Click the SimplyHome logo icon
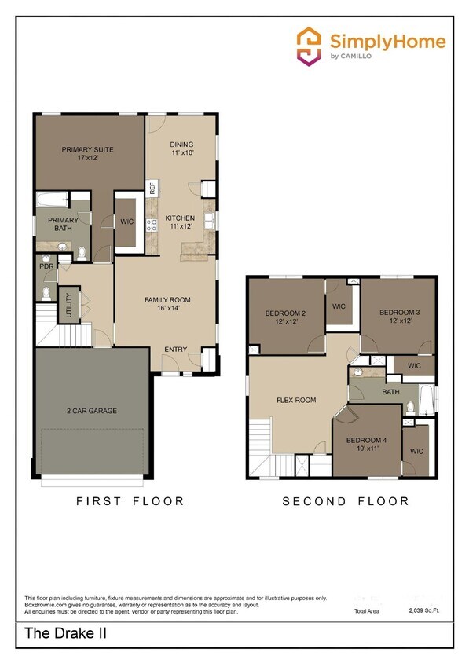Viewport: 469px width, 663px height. pos(309,45)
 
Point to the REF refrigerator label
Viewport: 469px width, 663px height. pos(152,189)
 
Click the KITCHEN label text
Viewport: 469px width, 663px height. pos(180,222)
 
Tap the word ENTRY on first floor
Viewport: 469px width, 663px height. pos(175,350)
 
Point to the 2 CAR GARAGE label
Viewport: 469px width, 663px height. pos(91,410)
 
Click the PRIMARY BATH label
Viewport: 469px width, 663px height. pos(63,225)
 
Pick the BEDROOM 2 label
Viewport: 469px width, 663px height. pos(284,317)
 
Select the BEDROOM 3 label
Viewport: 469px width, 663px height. pos(399,317)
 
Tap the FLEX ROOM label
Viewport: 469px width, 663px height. pos(296,400)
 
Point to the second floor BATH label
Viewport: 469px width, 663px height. pos(390,391)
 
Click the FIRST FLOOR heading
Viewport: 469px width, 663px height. pos(130,500)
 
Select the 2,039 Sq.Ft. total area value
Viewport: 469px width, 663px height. pos(425,610)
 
